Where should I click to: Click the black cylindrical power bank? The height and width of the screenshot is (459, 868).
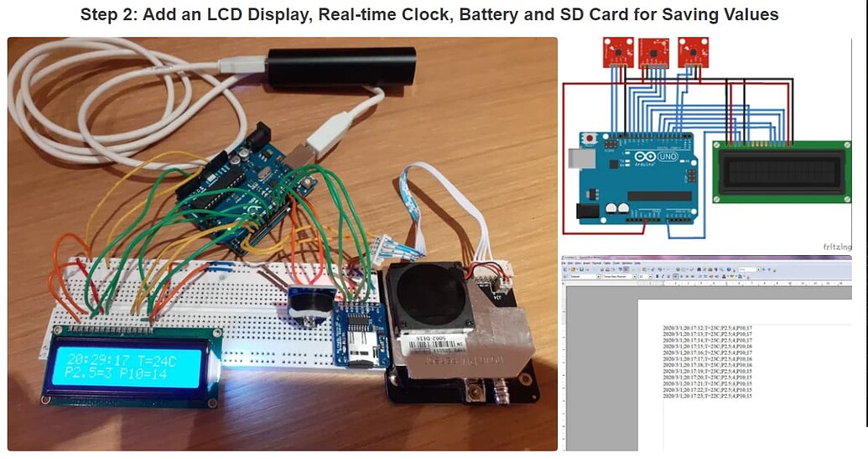(342, 66)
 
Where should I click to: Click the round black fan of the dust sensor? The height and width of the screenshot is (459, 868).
(430, 294)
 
